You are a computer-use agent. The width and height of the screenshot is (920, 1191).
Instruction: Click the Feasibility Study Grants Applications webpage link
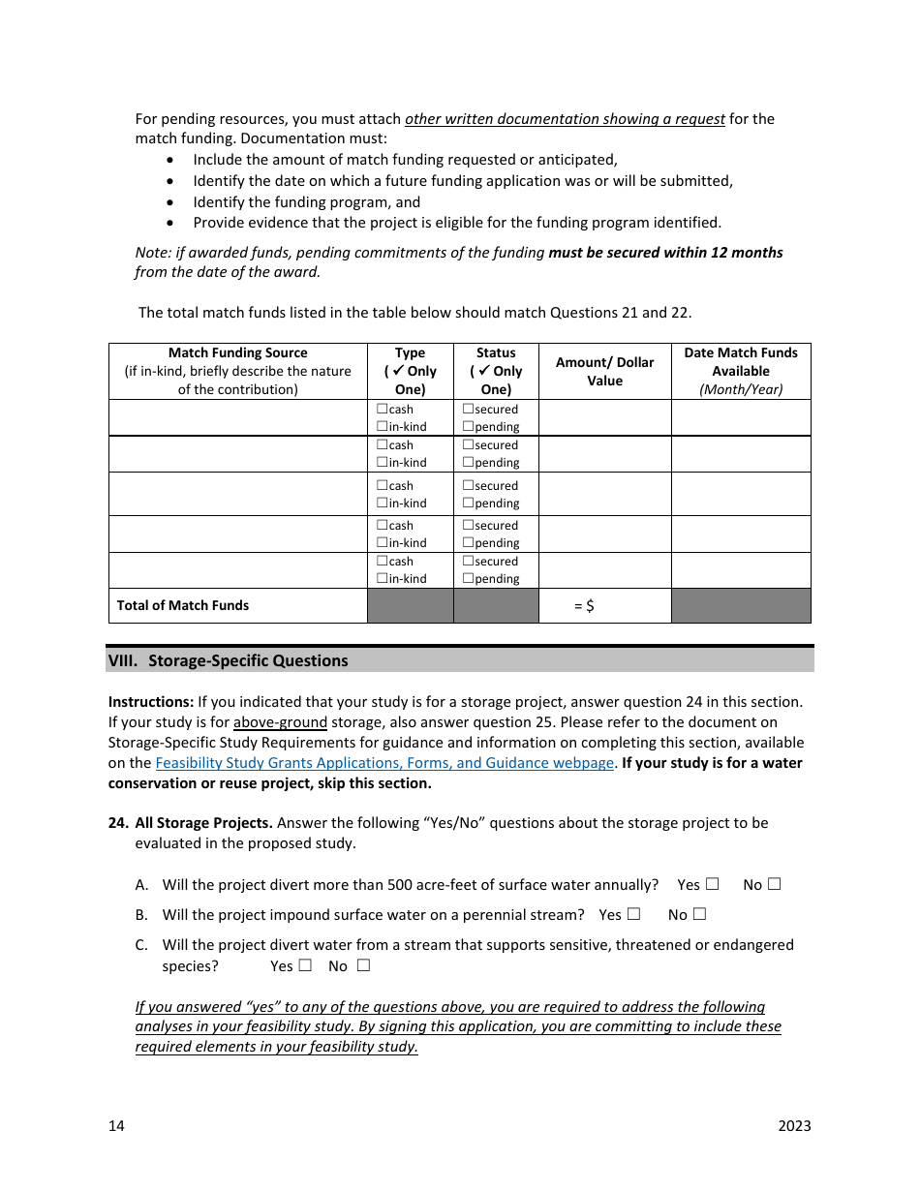[x=384, y=763]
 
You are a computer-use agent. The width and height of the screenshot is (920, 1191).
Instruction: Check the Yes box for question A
[x=713, y=884]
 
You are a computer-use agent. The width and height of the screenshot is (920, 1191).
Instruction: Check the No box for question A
[x=774, y=884]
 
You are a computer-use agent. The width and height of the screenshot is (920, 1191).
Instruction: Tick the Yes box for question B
[x=634, y=914]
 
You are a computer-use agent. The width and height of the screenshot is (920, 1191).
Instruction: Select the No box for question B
[x=699, y=914]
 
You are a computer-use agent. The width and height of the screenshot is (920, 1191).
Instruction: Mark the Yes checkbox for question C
[x=305, y=965]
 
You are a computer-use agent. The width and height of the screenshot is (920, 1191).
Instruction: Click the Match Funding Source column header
[x=237, y=371]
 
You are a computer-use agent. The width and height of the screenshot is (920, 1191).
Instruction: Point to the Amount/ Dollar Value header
[x=604, y=371]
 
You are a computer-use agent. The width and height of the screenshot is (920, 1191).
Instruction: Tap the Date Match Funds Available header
[x=741, y=371]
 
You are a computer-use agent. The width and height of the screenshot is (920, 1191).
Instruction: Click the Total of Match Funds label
[x=183, y=605]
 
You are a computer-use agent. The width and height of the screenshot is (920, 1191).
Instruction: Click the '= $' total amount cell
[x=584, y=606]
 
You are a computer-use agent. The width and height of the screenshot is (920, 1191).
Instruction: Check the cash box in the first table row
[x=382, y=410]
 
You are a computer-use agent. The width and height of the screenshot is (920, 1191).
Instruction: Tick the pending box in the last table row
[x=468, y=579]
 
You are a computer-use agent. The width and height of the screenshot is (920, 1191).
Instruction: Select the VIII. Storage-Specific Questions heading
[x=228, y=660]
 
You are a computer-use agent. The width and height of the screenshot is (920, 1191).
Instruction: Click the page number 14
[x=116, y=1125]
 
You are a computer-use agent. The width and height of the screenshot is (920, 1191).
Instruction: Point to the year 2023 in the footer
[x=794, y=1125]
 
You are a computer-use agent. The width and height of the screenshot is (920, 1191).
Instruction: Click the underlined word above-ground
[x=280, y=722]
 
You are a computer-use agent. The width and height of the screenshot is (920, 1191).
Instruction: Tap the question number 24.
[x=117, y=823]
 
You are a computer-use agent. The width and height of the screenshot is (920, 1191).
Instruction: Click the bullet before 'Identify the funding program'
[x=171, y=202]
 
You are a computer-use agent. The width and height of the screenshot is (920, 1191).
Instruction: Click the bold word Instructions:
[x=150, y=702]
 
